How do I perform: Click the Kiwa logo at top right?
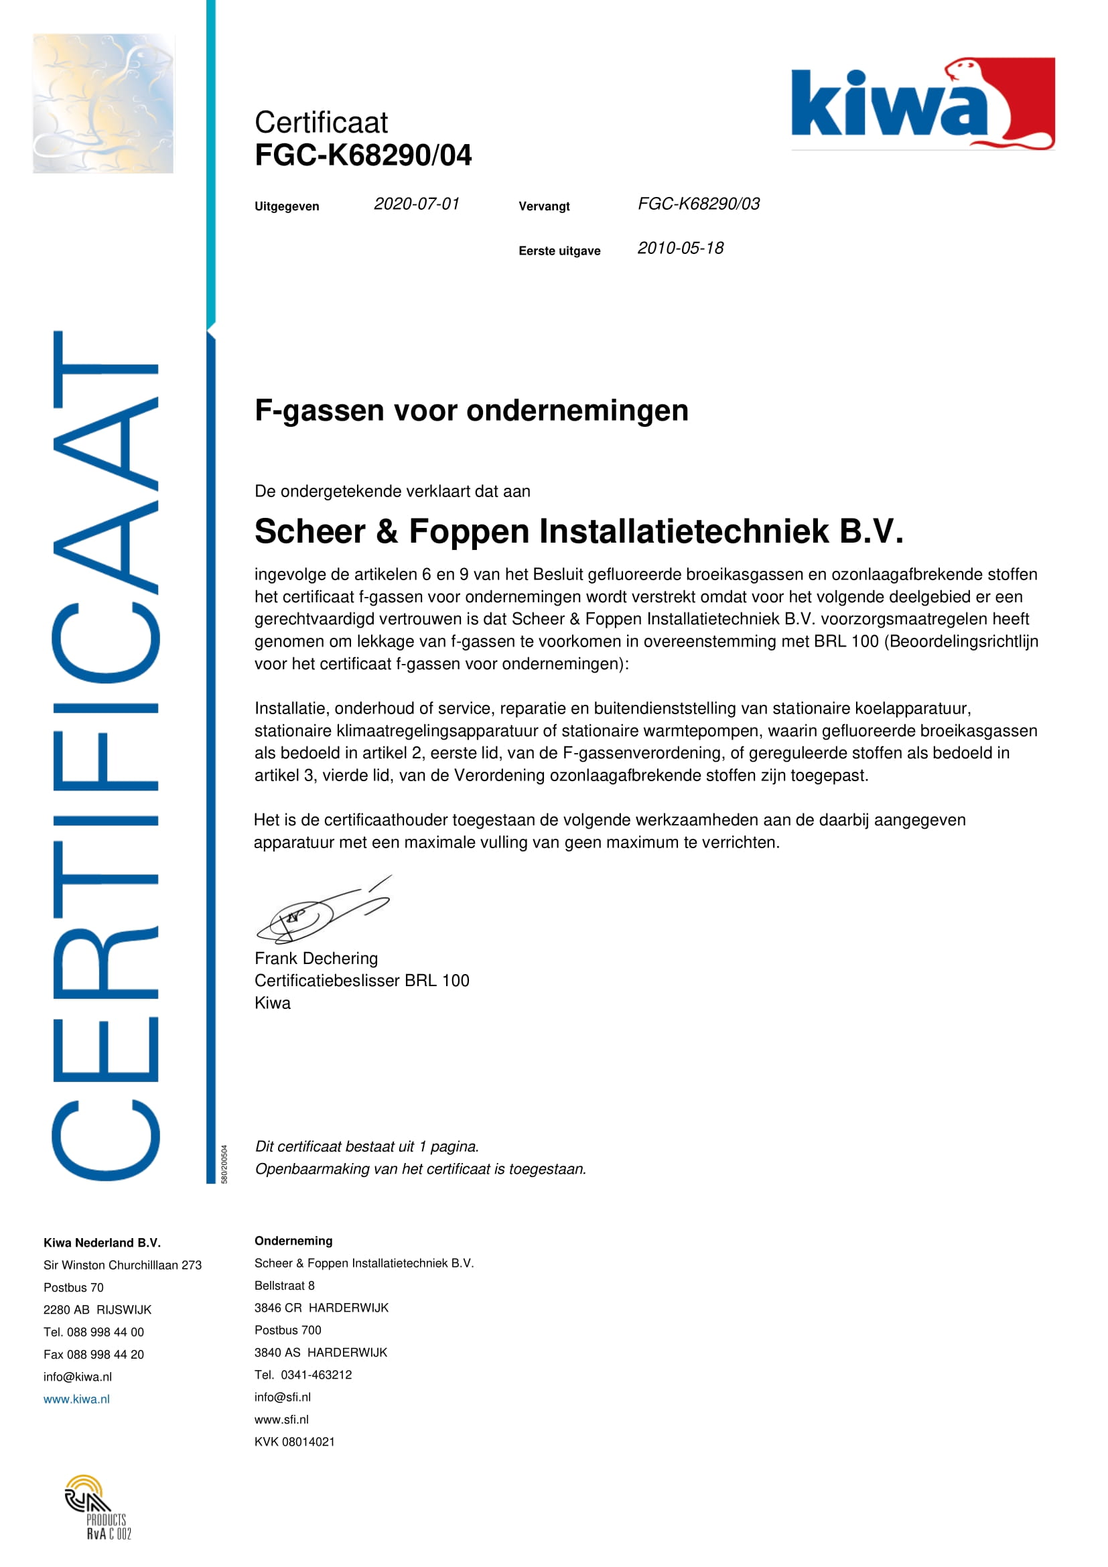click(x=922, y=104)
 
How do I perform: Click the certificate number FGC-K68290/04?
click(x=363, y=155)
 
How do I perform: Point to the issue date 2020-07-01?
click(x=416, y=204)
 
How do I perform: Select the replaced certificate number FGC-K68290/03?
click(x=698, y=204)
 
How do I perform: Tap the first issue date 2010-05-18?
click(x=680, y=249)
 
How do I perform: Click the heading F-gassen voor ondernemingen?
click(x=472, y=411)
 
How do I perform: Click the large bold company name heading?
click(x=579, y=532)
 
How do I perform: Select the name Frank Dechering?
click(x=316, y=959)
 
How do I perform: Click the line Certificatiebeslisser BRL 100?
click(x=362, y=981)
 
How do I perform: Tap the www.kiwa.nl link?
click(x=76, y=1399)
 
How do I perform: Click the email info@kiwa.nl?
click(x=78, y=1377)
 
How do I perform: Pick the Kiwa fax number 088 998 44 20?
click(x=94, y=1354)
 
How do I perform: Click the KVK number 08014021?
click(x=295, y=1442)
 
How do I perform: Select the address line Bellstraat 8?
click(x=285, y=1286)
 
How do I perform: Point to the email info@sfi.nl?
click(x=283, y=1397)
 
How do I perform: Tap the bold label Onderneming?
click(x=293, y=1241)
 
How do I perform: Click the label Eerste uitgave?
click(x=559, y=251)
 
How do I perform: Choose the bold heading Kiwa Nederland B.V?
click(x=102, y=1243)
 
